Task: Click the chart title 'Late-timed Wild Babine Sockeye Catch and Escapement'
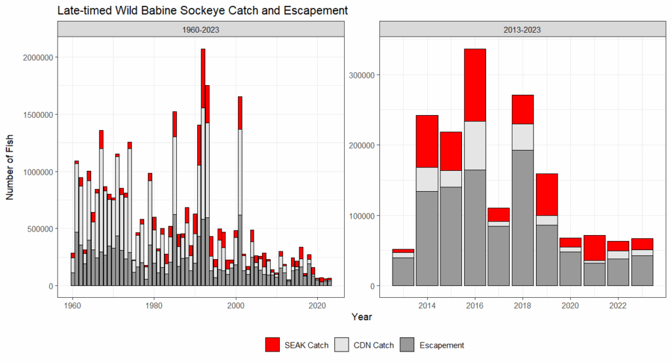pyautogui.click(x=202, y=11)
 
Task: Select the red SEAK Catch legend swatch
pyautogui.click(x=273, y=345)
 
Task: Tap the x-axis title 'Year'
pyautogui.click(x=361, y=317)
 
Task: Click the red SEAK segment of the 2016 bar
pyautogui.click(x=474, y=85)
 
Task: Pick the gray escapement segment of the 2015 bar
pyautogui.click(x=451, y=236)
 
